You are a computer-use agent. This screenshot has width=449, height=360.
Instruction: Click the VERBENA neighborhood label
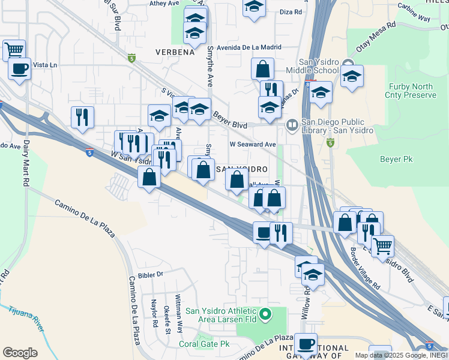175,52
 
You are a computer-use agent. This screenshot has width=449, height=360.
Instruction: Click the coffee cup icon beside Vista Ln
19,68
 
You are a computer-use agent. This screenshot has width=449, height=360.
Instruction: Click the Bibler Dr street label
151,275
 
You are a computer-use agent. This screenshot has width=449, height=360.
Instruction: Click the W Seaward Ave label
253,145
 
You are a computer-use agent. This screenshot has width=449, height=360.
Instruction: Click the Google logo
20,353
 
